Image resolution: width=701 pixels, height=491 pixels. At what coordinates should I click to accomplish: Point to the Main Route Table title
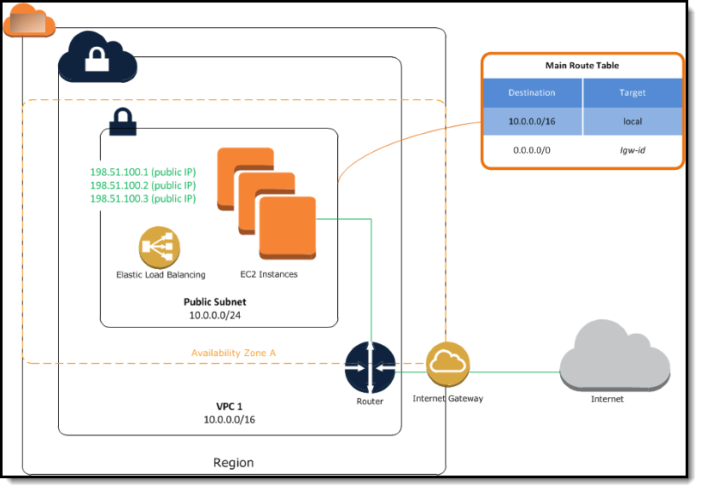[581, 66]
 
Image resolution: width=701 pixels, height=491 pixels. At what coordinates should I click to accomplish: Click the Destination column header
[532, 92]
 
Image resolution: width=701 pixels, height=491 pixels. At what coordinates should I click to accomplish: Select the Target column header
[632, 92]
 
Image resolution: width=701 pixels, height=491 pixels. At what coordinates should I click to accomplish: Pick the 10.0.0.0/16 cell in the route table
[532, 121]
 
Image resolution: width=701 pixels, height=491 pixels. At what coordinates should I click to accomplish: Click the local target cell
[632, 121]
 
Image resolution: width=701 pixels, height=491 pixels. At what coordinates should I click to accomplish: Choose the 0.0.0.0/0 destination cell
[532, 149]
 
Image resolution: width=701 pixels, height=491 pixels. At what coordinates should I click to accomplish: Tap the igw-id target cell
[632, 149]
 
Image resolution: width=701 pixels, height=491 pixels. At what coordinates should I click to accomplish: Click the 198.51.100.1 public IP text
[143, 172]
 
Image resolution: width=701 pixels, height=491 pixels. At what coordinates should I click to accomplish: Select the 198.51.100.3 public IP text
[143, 199]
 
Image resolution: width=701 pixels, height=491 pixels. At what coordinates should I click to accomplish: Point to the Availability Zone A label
[233, 353]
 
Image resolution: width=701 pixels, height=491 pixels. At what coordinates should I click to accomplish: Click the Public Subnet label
[216, 302]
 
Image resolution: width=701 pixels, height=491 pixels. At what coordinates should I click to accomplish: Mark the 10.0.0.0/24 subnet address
[216, 315]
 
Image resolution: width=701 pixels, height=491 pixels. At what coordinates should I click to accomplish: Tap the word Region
[233, 463]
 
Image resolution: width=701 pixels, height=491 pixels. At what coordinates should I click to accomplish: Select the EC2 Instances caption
[268, 275]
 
